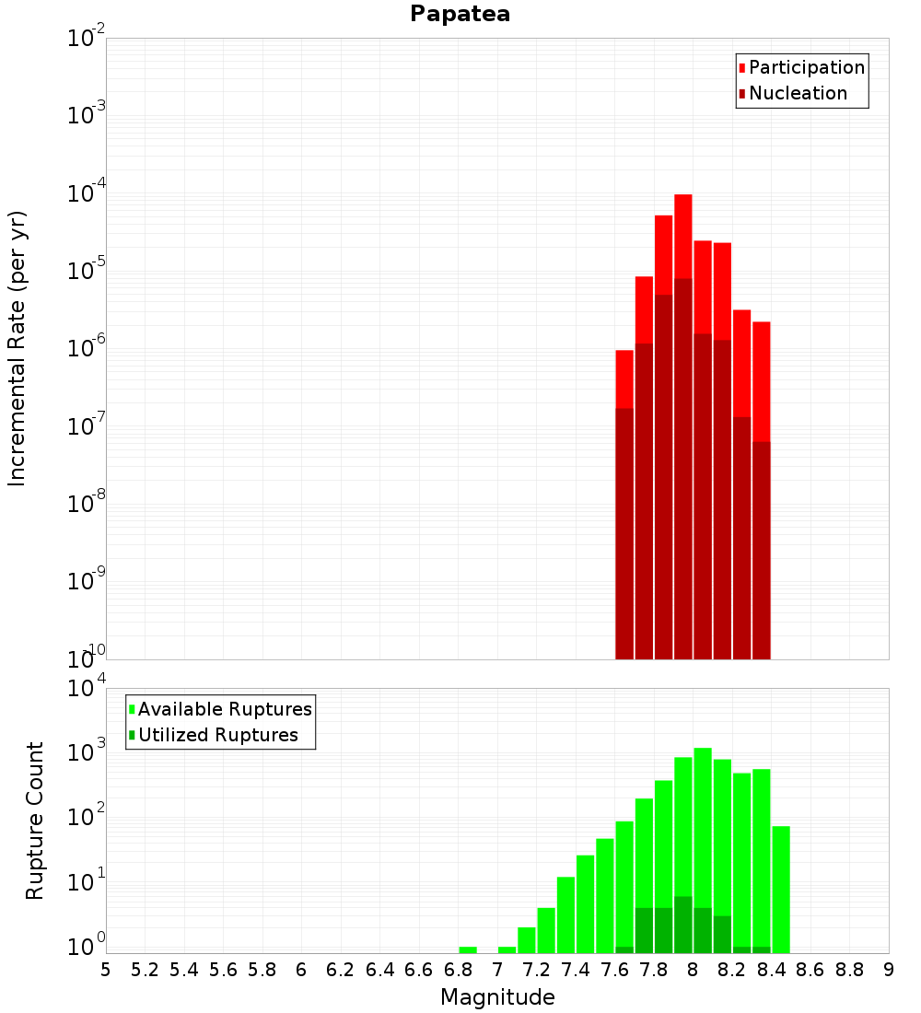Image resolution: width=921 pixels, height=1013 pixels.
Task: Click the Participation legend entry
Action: point(807,67)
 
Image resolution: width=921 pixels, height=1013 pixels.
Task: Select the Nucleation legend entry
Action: point(798,93)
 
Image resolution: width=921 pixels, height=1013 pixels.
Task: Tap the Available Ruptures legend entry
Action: point(225,709)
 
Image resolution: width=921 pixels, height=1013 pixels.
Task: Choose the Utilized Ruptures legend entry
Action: point(217,735)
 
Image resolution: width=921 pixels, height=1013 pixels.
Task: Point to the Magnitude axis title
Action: point(497,997)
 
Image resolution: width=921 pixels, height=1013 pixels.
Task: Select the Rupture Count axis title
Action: point(35,820)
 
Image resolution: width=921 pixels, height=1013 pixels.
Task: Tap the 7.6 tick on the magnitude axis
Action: point(614,970)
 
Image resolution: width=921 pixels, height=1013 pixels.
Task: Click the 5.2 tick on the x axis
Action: point(146,970)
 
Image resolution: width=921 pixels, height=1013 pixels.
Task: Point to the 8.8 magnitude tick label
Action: point(849,970)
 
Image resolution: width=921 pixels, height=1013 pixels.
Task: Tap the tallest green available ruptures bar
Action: point(703,847)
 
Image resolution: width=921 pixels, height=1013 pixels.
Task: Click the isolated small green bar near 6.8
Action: point(468,949)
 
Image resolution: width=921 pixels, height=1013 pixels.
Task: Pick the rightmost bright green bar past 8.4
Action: point(781,889)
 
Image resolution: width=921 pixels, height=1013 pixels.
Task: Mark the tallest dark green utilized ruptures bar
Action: point(682,924)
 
